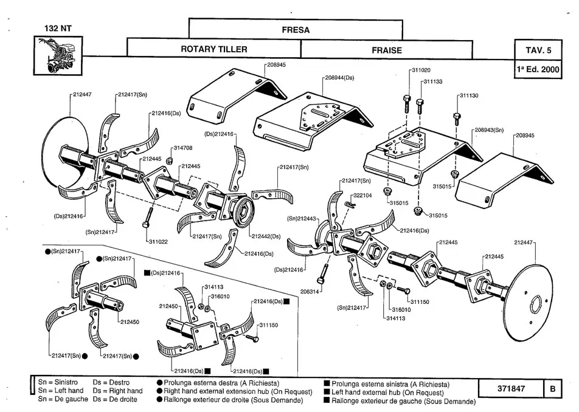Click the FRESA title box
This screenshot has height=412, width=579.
click(296, 29)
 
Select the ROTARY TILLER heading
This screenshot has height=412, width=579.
click(214, 49)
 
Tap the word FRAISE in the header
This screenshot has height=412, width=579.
click(387, 50)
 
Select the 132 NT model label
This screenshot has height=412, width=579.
click(58, 28)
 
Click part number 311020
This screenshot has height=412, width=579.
click(422, 70)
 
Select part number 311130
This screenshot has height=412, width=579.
click(468, 95)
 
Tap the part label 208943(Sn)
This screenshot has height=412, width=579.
click(489, 130)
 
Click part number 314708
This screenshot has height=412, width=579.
click(182, 148)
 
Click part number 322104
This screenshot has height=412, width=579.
click(363, 195)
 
